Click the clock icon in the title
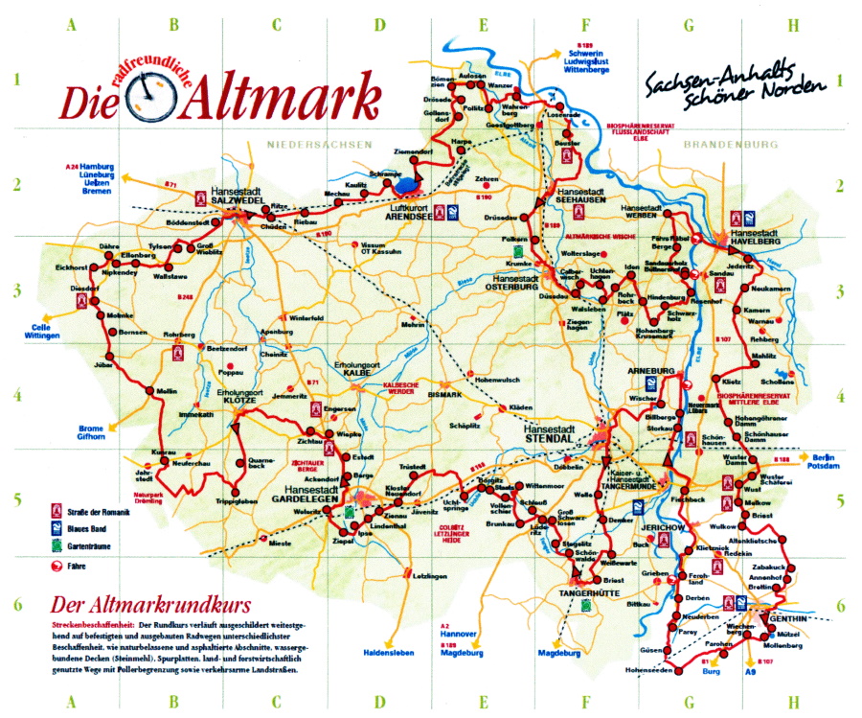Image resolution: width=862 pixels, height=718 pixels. coord(148,98)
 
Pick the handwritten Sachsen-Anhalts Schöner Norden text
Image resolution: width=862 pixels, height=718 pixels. coord(735,85)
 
